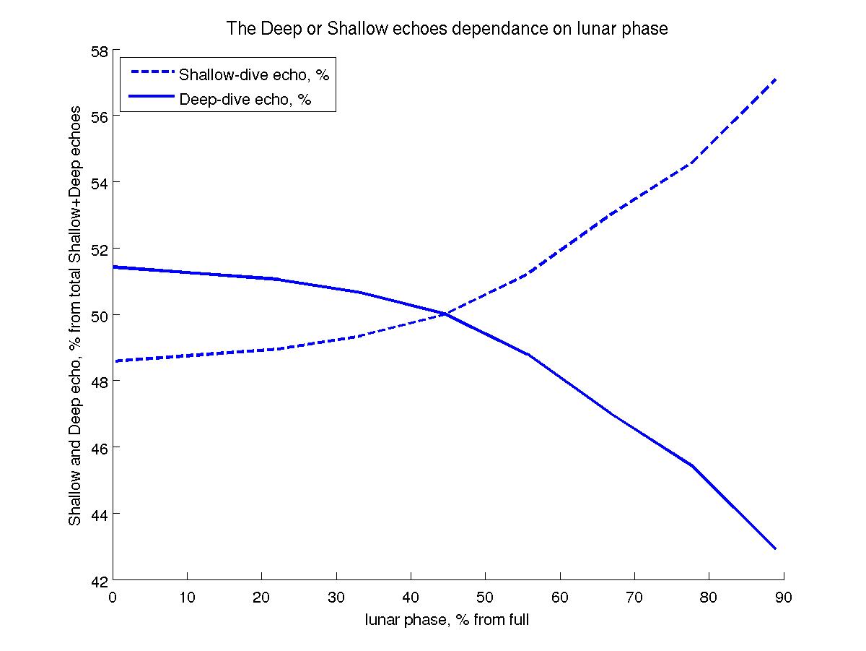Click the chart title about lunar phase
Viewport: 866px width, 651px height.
[x=447, y=29]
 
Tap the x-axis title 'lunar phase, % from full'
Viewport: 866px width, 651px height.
[x=447, y=618]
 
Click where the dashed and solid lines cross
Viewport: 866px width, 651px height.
[x=445, y=314]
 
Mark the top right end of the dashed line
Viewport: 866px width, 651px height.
[x=775, y=79]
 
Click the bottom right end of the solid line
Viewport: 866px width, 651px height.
[x=775, y=548]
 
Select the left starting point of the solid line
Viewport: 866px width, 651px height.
[x=113, y=267]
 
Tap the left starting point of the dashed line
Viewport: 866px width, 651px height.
[x=113, y=361]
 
